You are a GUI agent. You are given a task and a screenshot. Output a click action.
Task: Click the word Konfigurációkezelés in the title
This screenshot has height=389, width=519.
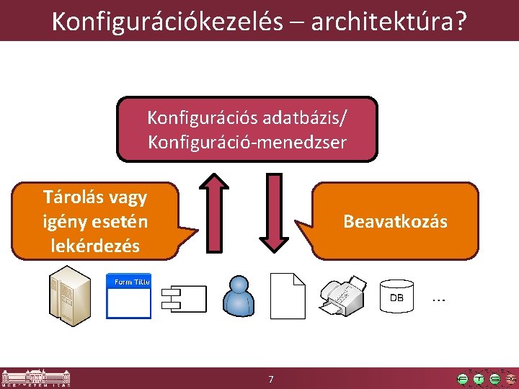click(x=167, y=21)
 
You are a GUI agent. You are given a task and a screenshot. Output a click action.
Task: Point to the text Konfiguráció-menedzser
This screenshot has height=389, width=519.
click(x=247, y=142)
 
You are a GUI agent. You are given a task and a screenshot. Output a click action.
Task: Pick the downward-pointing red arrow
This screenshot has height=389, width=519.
click(x=274, y=213)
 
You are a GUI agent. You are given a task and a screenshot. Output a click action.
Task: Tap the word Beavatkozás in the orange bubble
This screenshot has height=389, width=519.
click(x=395, y=221)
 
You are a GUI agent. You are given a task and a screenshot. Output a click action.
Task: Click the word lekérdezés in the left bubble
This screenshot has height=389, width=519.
click(x=95, y=245)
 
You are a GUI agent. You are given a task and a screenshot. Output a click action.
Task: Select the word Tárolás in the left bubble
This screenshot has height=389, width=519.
click(x=72, y=197)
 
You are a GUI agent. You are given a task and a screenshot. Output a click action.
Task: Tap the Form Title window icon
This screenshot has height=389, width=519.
click(x=129, y=295)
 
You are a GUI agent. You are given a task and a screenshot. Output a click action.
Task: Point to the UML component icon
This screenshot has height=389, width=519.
click(x=185, y=297)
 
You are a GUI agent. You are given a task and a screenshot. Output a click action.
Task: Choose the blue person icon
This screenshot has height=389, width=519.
click(x=239, y=296)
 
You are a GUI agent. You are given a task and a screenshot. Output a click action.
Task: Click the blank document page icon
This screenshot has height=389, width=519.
click(x=288, y=296)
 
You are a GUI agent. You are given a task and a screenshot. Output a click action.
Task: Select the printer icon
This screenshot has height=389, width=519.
click(x=343, y=296)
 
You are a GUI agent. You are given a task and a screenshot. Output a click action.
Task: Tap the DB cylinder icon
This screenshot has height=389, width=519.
click(x=397, y=296)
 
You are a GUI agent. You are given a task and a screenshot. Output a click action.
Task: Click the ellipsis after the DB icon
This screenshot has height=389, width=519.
click(x=438, y=298)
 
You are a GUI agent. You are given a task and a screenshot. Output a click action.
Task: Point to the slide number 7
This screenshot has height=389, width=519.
click(x=270, y=379)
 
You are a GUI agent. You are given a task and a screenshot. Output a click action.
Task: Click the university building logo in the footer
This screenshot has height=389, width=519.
click(x=32, y=378)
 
